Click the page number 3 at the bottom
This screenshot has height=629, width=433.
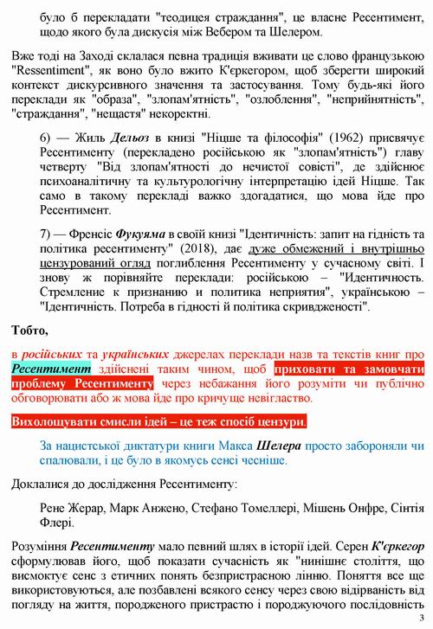(422, 616)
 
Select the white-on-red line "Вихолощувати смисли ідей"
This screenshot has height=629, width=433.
(158, 422)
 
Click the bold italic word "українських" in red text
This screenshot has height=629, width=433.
(136, 353)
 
